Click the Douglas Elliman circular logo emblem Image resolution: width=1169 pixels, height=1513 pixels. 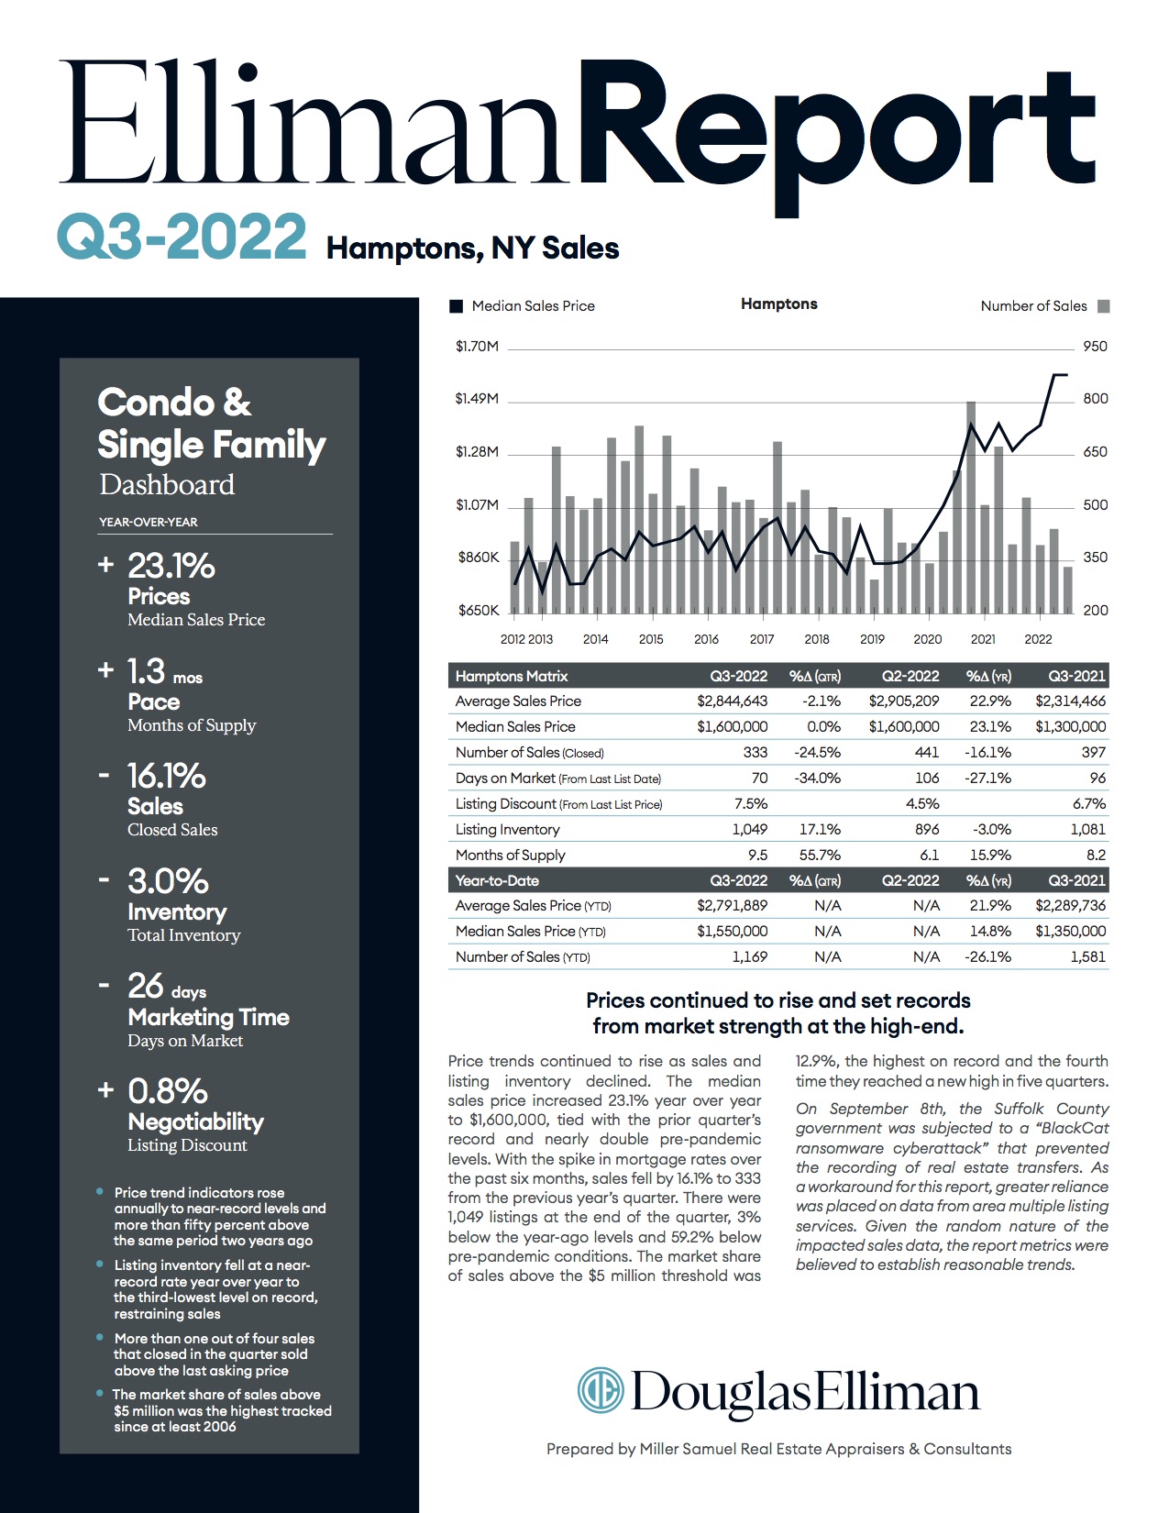[x=601, y=1390]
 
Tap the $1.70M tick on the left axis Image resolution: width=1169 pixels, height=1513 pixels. [x=477, y=347]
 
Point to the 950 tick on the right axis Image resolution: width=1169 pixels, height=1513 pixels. [x=1095, y=347]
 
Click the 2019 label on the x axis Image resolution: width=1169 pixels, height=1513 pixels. [x=872, y=639]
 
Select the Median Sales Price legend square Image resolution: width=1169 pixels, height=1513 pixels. [x=457, y=306]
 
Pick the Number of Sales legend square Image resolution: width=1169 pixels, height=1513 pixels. [x=1104, y=306]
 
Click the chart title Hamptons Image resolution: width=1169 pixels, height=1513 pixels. [x=778, y=304]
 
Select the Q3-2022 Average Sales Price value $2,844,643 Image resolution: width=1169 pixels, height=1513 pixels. [x=732, y=701]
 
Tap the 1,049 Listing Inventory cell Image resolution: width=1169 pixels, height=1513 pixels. [x=749, y=829]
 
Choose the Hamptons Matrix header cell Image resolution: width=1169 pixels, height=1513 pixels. [x=512, y=676]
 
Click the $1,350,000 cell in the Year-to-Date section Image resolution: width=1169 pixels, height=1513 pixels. [x=1070, y=931]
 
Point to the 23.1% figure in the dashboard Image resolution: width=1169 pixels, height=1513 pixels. [x=171, y=566]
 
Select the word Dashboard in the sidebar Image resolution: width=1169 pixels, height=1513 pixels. [x=167, y=484]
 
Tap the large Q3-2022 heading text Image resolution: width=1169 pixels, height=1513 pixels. [x=182, y=237]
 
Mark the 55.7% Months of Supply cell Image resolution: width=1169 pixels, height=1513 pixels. [x=820, y=855]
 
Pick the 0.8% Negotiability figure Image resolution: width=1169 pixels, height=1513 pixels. [x=167, y=1091]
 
